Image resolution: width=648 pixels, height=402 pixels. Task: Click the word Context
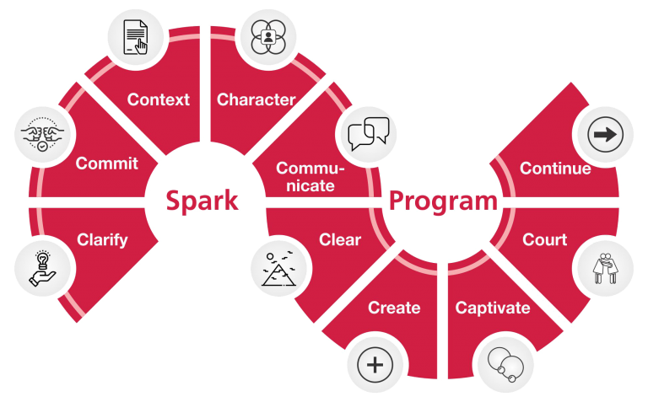point(158,99)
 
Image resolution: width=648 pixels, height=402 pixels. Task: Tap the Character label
point(256,99)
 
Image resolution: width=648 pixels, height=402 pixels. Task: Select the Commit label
point(106,163)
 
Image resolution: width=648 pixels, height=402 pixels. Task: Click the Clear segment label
point(340,240)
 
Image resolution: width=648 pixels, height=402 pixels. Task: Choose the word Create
point(394,308)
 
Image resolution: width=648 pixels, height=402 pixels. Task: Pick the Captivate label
point(493,308)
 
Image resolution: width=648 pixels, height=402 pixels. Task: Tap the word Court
point(544,240)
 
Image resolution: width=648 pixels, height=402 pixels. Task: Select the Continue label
point(554,169)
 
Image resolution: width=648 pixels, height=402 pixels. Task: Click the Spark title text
point(202,201)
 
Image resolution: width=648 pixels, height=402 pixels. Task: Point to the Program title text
point(442,201)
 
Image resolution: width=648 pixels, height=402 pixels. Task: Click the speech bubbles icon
point(368,133)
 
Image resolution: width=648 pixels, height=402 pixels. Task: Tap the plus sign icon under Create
point(375,366)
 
